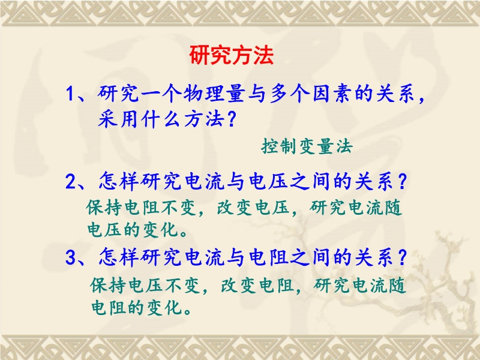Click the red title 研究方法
(x=231, y=55)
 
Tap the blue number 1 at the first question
(x=70, y=94)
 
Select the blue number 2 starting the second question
(x=71, y=182)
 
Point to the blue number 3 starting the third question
(x=71, y=258)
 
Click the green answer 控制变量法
(x=307, y=146)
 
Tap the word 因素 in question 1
(x=332, y=94)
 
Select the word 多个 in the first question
(x=289, y=94)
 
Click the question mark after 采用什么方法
(x=232, y=119)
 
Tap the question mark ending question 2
(x=401, y=182)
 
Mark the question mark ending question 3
(x=401, y=257)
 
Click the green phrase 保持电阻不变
(x=141, y=208)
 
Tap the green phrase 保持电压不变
(x=145, y=286)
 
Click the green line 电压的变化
(x=133, y=230)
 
